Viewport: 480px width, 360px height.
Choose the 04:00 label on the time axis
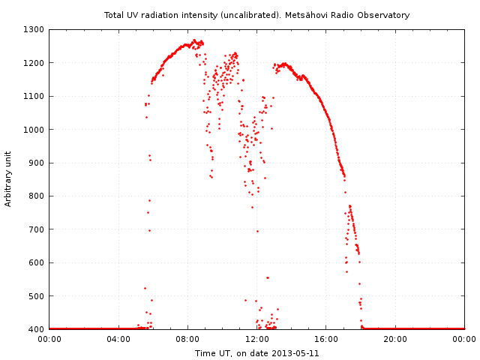click(x=118, y=339)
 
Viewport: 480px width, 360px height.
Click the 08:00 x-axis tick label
click(x=187, y=339)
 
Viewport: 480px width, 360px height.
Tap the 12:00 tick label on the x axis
click(x=257, y=339)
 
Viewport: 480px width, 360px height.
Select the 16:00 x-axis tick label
click(x=326, y=339)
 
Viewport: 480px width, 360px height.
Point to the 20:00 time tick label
click(x=395, y=339)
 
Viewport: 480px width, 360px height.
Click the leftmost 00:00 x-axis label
click(x=49, y=339)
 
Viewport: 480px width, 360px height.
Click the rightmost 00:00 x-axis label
click(x=464, y=339)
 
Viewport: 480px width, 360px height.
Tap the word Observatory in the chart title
click(x=383, y=15)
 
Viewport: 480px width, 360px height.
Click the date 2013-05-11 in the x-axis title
click(x=296, y=353)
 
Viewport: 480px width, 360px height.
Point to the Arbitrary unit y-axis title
click(x=9, y=178)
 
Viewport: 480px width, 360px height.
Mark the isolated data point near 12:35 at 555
click(x=267, y=277)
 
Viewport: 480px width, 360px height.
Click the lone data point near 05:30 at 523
click(x=145, y=288)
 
